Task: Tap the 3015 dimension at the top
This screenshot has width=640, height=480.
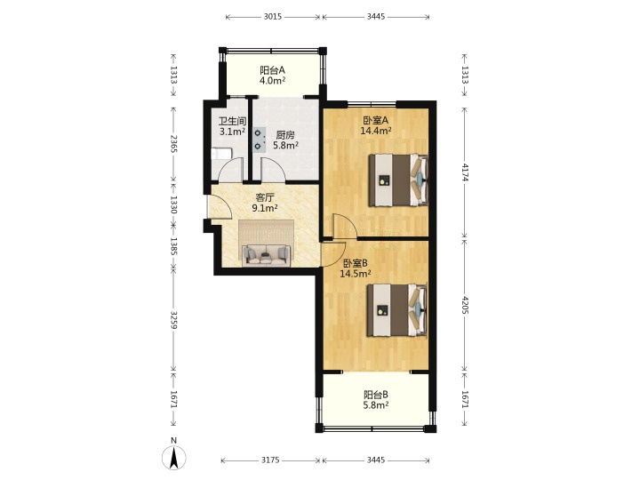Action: pos(273,17)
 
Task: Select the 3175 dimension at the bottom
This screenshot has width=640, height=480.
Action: pos(270,460)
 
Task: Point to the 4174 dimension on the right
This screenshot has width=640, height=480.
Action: pos(465,172)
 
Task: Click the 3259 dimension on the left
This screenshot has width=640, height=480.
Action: pos(173,320)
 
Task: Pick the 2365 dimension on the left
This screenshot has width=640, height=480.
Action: pos(173,144)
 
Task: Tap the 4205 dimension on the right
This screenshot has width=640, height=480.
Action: pos(465,304)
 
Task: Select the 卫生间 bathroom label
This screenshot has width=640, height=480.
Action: pos(232,121)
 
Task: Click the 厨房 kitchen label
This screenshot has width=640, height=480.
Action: pos(285,135)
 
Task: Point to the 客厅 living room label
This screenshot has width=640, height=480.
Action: pos(265,198)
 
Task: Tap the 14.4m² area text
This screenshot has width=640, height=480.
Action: pos(376,131)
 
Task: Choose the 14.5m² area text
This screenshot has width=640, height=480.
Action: pos(356,274)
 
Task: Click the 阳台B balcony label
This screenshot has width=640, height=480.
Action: pos(376,395)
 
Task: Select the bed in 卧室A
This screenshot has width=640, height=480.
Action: pos(398,180)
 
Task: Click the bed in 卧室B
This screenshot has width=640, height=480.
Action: pos(396,310)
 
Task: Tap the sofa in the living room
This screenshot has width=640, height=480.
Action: pos(266,256)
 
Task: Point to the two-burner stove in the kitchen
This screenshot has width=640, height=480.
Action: pos(259,140)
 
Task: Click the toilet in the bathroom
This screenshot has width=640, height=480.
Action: pos(221,155)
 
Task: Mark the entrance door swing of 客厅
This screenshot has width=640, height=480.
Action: pos(220,207)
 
